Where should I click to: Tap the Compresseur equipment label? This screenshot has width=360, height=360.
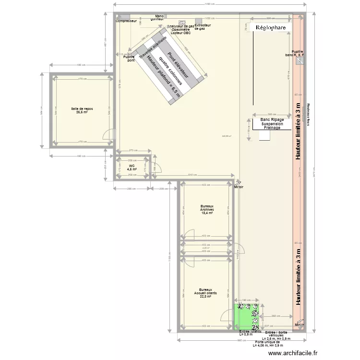click(126, 21)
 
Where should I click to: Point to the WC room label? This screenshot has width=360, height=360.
click(132, 167)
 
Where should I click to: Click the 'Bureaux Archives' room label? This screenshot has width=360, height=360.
click(207, 209)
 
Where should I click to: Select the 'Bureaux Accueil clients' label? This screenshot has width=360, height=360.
click(206, 293)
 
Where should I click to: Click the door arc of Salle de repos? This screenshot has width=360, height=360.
click(110, 136)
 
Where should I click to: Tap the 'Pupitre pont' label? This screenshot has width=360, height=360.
click(129, 59)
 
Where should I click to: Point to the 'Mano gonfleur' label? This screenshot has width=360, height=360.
click(160, 18)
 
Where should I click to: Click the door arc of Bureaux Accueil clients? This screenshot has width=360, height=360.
click(225, 317)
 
